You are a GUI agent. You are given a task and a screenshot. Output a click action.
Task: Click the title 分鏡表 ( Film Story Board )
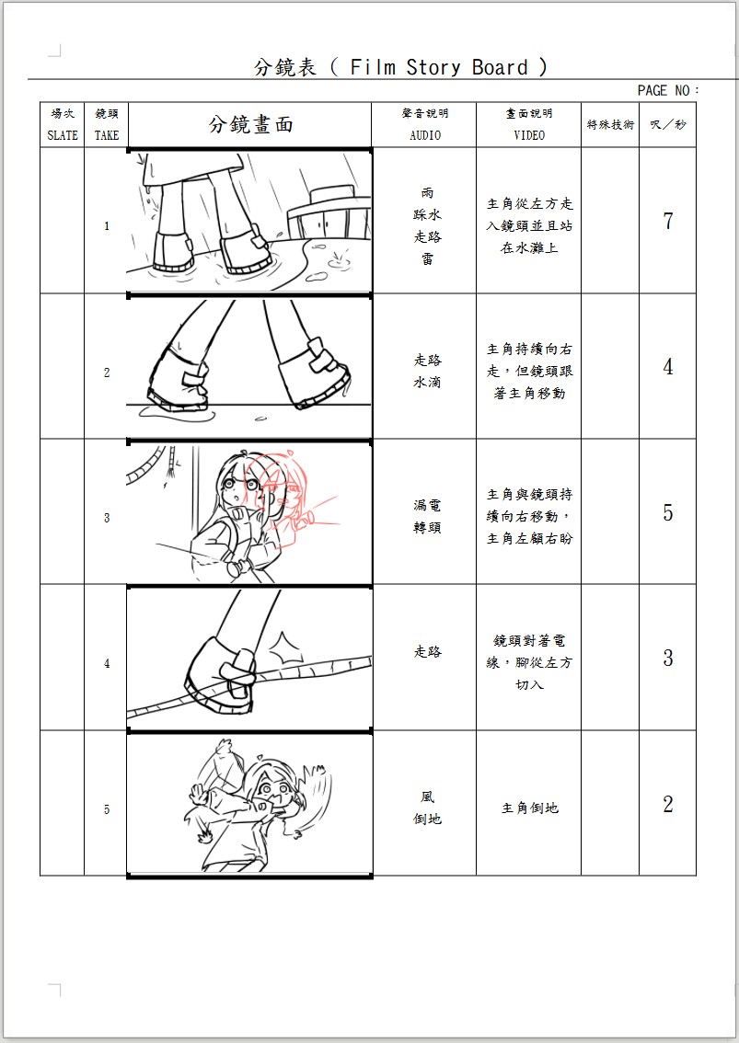[x=400, y=67]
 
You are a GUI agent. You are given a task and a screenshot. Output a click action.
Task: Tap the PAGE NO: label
[x=668, y=90]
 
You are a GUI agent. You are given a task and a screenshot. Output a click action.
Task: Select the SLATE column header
[x=63, y=124]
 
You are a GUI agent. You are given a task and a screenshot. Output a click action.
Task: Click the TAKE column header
[x=107, y=124]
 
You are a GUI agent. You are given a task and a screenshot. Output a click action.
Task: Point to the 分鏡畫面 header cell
[x=250, y=125]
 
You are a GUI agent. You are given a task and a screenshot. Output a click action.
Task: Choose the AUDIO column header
[x=425, y=124]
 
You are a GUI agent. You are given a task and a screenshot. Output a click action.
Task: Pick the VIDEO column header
[x=529, y=124]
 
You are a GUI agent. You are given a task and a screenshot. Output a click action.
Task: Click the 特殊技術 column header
[x=610, y=125]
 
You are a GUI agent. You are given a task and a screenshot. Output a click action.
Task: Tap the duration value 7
[x=668, y=221]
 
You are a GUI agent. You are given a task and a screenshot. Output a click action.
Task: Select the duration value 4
[x=668, y=367]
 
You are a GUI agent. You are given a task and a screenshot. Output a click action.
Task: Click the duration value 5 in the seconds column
[x=668, y=512]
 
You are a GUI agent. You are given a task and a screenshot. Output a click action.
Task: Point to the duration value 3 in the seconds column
[x=668, y=659]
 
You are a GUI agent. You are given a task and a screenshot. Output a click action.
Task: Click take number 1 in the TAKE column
[x=107, y=226]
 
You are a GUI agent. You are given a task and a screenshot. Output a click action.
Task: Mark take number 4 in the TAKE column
[x=107, y=663]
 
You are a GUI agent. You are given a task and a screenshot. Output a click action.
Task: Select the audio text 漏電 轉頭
[x=427, y=517]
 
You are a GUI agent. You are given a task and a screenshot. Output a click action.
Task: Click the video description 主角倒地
[x=529, y=808]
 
